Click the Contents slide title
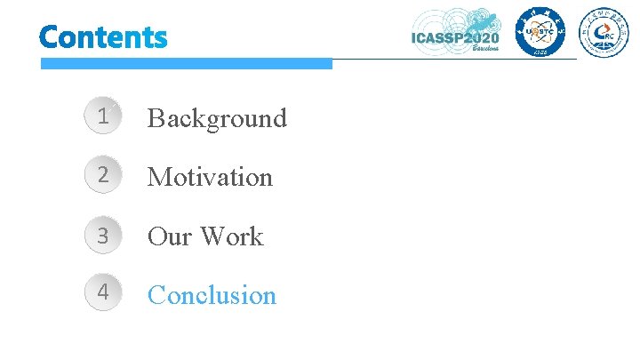[x=103, y=37]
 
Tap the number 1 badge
[x=104, y=116]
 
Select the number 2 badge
[x=104, y=176]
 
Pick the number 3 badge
[x=104, y=236]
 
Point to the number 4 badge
[x=104, y=293]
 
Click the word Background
[x=217, y=118]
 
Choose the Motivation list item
[x=210, y=177]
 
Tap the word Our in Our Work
[x=170, y=236]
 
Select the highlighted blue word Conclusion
[x=212, y=295]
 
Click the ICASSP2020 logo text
[x=455, y=37]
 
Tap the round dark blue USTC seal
[x=538, y=32]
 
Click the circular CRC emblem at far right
[x=604, y=32]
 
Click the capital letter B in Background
[x=156, y=118]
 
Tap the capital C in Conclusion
[x=156, y=295]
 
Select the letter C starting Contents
[x=50, y=37]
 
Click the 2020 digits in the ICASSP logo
[x=479, y=37]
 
